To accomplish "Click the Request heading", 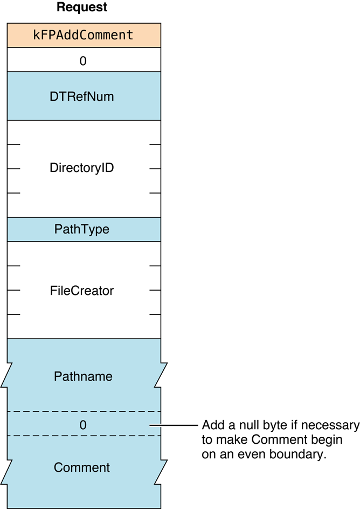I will tap(82, 8).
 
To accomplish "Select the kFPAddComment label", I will tap(83, 36).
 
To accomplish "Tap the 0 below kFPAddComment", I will tap(83, 61).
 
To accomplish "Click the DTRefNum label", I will tap(83, 97).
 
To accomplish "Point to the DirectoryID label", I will tap(82, 168).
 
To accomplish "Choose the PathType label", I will tap(82, 229).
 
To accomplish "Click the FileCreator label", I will tap(82, 291).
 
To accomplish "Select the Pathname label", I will tap(83, 376).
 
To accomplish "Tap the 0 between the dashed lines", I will tap(83, 425).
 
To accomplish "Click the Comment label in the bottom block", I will tap(82, 467).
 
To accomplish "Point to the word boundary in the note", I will tap(304, 454).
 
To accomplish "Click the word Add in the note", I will tap(211, 425).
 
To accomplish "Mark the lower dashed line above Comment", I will tap(84, 436).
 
